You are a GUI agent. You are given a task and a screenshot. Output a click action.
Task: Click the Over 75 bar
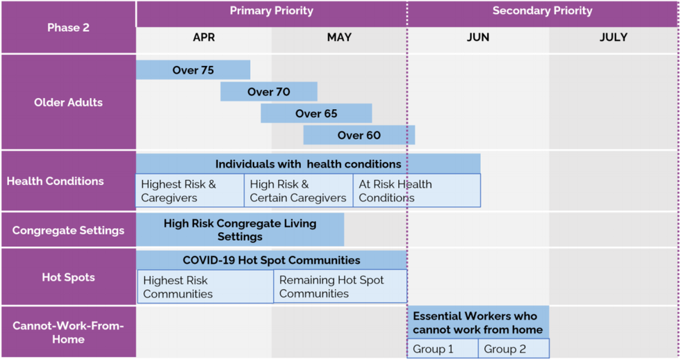(x=192, y=70)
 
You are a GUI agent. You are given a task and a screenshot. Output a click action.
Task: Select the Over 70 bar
(x=268, y=92)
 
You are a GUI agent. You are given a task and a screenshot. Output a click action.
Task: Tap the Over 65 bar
(x=316, y=113)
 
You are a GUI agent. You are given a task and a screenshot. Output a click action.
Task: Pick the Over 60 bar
(x=359, y=135)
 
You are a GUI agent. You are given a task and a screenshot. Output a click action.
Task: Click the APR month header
(x=204, y=38)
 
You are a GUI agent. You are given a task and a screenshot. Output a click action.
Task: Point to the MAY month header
(x=339, y=38)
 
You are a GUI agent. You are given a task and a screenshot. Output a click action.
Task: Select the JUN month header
(x=478, y=38)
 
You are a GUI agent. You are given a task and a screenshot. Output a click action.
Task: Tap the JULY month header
(x=614, y=38)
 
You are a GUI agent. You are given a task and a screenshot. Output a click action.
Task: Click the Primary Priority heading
(x=272, y=11)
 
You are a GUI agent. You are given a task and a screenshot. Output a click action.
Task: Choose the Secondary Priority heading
(x=543, y=11)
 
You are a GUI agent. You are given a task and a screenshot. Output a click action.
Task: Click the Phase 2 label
(x=68, y=28)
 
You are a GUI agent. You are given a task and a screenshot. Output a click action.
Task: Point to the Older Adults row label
(x=68, y=102)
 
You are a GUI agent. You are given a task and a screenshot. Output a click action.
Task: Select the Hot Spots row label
(x=68, y=277)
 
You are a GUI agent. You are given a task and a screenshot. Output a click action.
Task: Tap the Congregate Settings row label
(x=68, y=230)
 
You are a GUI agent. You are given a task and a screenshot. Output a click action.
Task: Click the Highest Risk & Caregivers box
(x=190, y=191)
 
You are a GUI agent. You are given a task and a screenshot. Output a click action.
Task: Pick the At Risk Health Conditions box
(x=416, y=191)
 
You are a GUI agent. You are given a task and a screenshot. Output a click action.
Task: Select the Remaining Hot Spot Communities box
(x=340, y=287)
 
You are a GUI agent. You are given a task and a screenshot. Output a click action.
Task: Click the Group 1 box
(x=443, y=348)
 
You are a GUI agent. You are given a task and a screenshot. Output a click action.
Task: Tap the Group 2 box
(x=514, y=348)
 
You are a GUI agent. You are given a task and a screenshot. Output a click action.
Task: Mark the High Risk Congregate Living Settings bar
(x=240, y=230)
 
